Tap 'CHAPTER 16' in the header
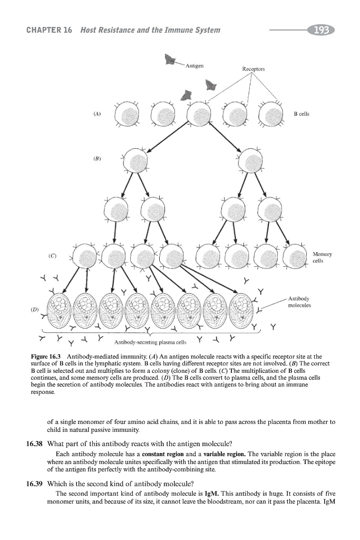49,31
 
